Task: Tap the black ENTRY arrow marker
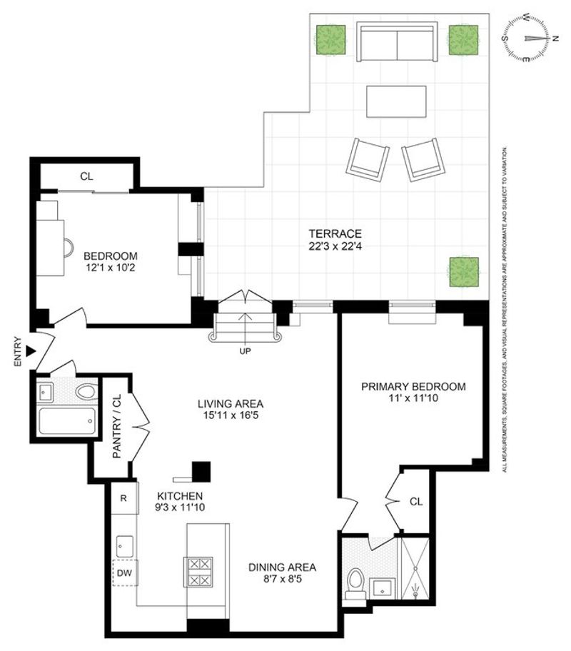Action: [x=30, y=351]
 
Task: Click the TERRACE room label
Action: [x=335, y=233]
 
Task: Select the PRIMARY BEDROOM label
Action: [x=413, y=387]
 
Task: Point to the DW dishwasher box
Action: [x=125, y=573]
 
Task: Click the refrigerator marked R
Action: [x=123, y=498]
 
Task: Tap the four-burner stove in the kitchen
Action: [x=198, y=572]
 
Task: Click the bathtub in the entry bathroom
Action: [x=68, y=421]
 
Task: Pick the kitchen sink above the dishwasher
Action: [x=125, y=546]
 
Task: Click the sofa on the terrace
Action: [x=397, y=41]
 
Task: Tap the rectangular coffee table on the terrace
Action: [x=396, y=101]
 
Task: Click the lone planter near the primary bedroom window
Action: [x=464, y=271]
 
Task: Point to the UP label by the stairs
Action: [x=245, y=350]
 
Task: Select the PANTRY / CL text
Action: [x=117, y=426]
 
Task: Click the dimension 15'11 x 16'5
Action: [x=231, y=415]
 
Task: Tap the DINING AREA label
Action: [x=283, y=567]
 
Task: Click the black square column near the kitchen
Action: [x=201, y=472]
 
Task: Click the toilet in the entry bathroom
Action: [x=86, y=391]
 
